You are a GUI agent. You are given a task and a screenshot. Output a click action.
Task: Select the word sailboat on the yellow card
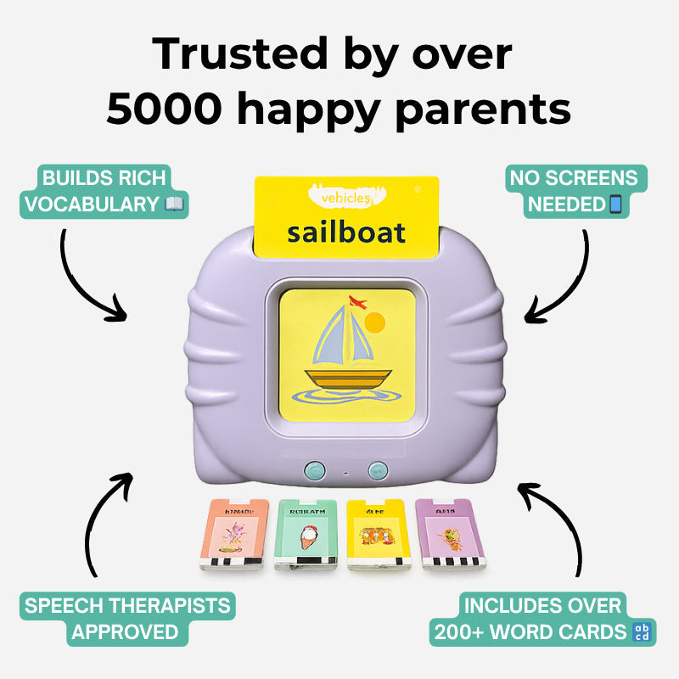345,232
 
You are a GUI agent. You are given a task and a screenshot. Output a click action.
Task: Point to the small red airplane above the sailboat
361,301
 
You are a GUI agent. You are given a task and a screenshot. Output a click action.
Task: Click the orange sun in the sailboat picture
375,323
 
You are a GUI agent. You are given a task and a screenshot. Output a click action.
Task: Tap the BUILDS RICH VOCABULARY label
105,190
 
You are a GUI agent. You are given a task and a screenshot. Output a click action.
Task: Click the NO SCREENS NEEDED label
575,190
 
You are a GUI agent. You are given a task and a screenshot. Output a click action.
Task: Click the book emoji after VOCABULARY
175,204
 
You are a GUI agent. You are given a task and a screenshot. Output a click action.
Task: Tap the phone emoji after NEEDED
616,205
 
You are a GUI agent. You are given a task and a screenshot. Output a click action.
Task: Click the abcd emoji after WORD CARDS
643,632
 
